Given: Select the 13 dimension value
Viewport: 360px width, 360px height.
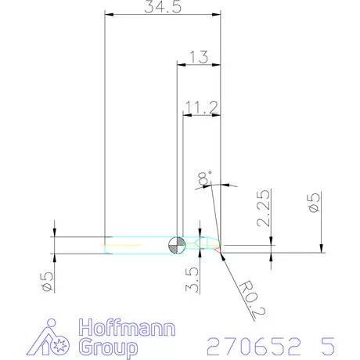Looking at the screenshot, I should click(x=199, y=56).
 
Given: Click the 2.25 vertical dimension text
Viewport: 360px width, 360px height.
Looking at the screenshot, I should click(x=264, y=208).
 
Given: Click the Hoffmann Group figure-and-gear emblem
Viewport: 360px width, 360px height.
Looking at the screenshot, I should click(x=56, y=338).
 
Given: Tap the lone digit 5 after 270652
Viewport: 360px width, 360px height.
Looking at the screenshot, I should click(x=326, y=345).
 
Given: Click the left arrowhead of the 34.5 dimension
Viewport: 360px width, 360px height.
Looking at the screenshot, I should click(x=108, y=15).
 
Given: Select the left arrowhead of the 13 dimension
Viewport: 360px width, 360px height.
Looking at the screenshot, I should click(x=181, y=64).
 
